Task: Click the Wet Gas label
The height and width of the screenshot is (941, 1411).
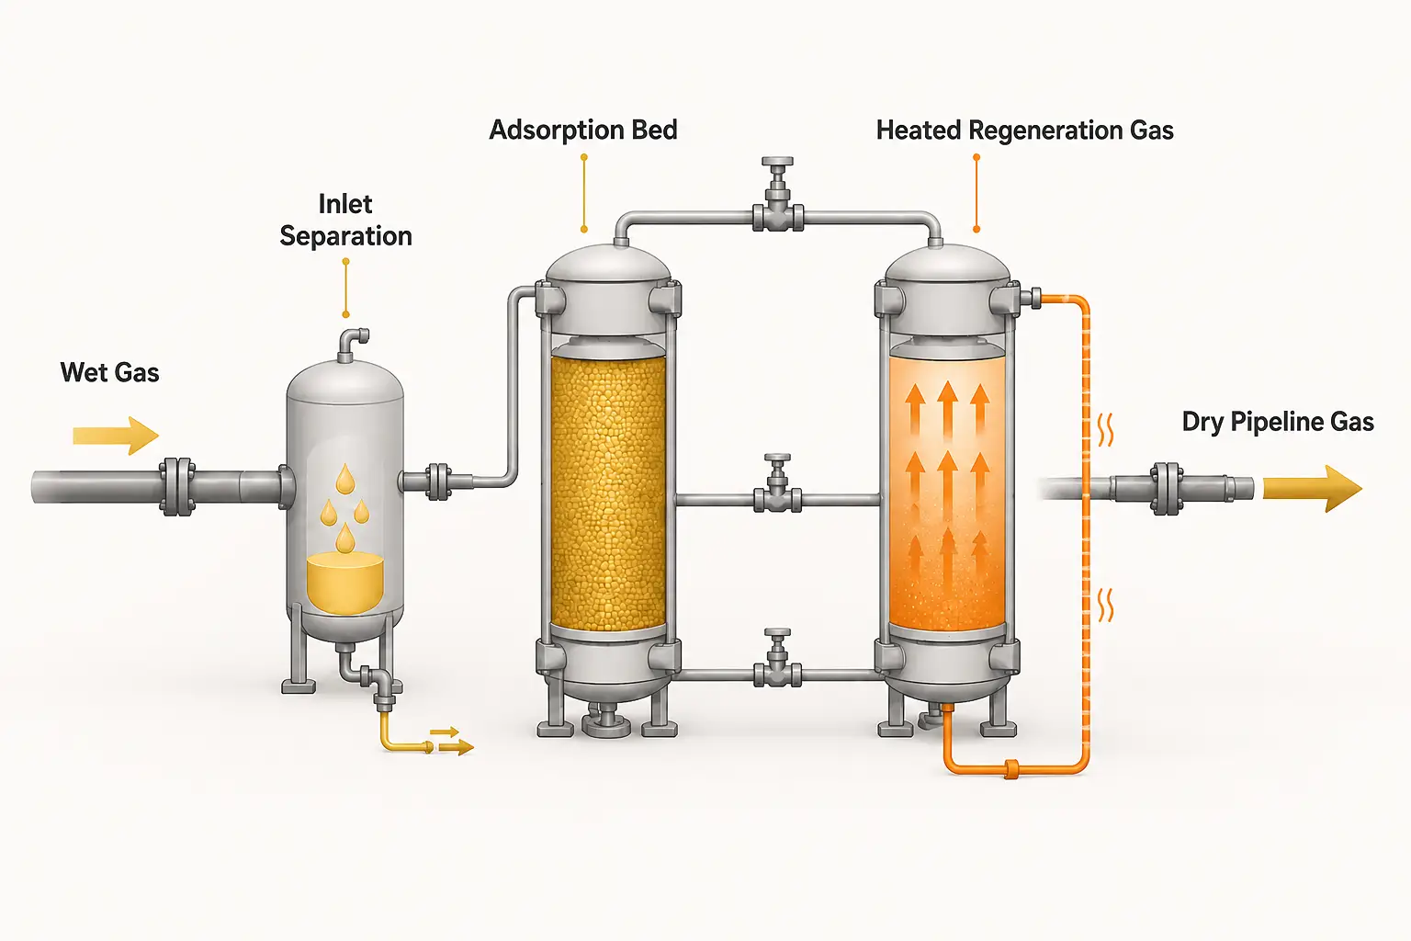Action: click(x=109, y=372)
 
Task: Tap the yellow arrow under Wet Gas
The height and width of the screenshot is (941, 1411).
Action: click(x=115, y=436)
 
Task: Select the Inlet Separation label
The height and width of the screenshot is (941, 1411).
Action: click(x=345, y=220)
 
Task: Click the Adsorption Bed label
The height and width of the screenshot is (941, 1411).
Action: click(x=583, y=130)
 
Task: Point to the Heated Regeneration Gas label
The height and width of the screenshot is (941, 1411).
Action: click(x=1025, y=130)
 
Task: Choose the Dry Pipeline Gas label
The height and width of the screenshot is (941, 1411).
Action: click(x=1278, y=422)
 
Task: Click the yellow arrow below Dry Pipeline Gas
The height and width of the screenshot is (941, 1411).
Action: click(x=1313, y=489)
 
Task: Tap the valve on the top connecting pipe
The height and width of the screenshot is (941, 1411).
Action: click(x=778, y=196)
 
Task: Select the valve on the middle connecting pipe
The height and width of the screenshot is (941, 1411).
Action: click(x=778, y=484)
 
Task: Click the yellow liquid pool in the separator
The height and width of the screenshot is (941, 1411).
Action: click(x=345, y=584)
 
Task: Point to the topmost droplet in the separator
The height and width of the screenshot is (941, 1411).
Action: click(x=345, y=479)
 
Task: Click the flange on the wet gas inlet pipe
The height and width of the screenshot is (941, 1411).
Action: click(x=177, y=486)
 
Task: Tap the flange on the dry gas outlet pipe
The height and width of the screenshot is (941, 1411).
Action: click(x=1167, y=489)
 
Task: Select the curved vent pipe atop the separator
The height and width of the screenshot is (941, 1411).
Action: click(x=350, y=344)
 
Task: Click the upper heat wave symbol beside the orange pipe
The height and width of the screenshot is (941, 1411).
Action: click(x=1105, y=430)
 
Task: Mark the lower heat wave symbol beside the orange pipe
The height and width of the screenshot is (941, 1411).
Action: click(x=1105, y=605)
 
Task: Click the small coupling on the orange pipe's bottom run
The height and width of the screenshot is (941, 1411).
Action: click(x=1011, y=769)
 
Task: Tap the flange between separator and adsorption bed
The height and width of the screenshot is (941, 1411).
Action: click(x=438, y=482)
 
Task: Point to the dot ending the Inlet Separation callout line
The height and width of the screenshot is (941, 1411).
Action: click(x=345, y=314)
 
